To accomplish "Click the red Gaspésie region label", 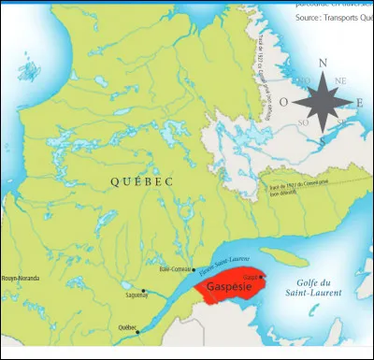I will [229, 285].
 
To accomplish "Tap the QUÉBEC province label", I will [141, 182].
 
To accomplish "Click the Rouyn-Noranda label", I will [22, 278].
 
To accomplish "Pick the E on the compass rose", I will [363, 101].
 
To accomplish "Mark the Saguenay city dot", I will [143, 291].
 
